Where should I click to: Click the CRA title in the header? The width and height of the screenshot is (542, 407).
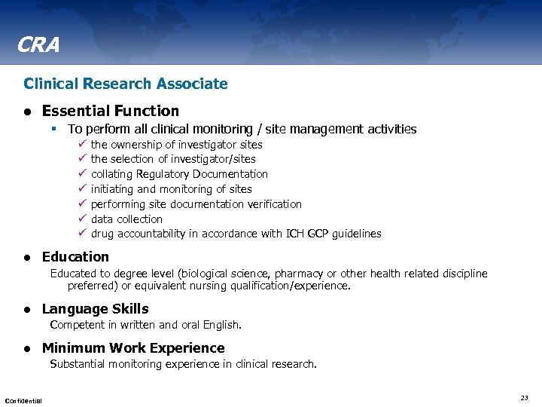click(x=37, y=46)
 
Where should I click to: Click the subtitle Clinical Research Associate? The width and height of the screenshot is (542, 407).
click(x=126, y=84)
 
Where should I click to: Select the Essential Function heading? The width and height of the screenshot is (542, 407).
click(x=111, y=111)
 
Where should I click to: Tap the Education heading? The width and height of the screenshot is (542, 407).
click(x=75, y=256)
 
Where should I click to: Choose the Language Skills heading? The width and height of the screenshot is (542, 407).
click(x=95, y=308)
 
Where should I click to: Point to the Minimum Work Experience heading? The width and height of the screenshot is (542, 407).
click(x=133, y=347)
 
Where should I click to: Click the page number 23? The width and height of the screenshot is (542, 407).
click(x=524, y=397)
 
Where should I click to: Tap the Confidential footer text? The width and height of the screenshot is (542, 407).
click(x=23, y=399)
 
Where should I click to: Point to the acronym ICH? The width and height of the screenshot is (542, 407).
click(x=296, y=234)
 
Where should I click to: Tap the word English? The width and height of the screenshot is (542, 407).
click(x=221, y=325)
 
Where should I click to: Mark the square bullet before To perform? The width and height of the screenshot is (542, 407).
click(x=56, y=129)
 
